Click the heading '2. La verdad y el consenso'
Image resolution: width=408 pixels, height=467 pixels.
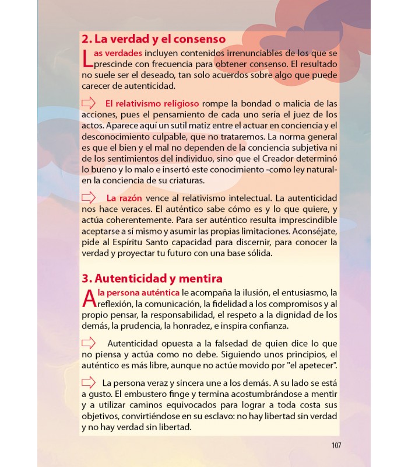[x=153, y=40]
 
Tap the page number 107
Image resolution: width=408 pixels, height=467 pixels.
[x=336, y=445]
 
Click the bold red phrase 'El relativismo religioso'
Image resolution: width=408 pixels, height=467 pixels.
[x=152, y=103]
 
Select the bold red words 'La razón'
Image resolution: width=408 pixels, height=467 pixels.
[x=124, y=198]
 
